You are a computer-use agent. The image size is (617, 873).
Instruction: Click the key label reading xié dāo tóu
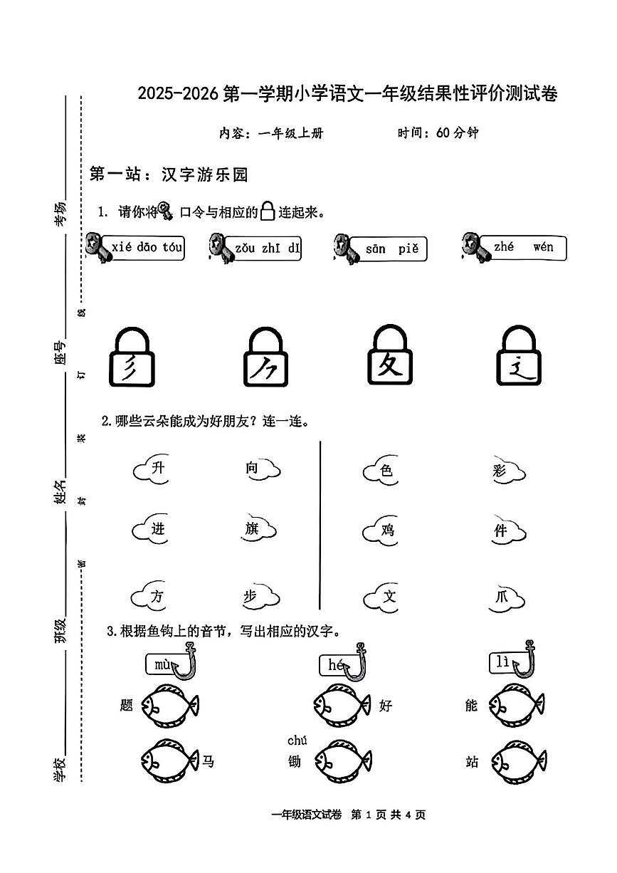pos(142,248)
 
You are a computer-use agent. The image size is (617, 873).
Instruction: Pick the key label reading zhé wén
pos(524,247)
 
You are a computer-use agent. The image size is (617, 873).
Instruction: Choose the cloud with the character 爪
pos(504,597)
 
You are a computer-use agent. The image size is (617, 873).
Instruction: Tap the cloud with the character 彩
pos(504,470)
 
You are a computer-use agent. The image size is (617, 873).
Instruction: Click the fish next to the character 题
pos(169,706)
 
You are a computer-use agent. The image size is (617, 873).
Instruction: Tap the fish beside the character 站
pos(518,760)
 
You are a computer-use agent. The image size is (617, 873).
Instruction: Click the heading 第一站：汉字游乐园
pos(168,174)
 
